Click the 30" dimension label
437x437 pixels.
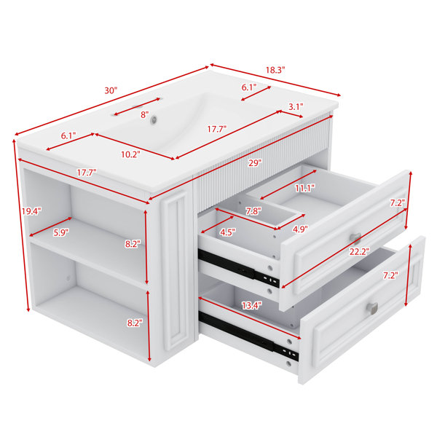pos(111,90)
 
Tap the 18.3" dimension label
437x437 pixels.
pos(275,70)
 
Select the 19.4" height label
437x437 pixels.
pos(31,211)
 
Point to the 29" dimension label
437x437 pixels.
pos(255,163)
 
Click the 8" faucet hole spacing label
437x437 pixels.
pos(145,114)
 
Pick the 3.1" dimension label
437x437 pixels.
pos(296,107)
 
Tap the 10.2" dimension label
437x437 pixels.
pos(130,154)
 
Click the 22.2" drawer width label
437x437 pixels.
pos(360,252)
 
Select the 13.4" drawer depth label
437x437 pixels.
pos(252,306)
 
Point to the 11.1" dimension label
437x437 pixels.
pos(305,189)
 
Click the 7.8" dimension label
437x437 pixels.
pos(253,211)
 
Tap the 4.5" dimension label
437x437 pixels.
pos(228,232)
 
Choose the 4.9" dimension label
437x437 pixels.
pos(300,229)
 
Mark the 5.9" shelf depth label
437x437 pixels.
pos(60,232)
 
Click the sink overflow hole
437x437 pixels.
pos(154,119)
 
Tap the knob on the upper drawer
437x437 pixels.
pos(355,239)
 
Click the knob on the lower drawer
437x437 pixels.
pos(372,309)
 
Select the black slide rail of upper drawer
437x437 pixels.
pos(239,267)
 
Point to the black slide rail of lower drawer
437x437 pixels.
pos(248,336)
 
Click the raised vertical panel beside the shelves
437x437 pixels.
pos(176,269)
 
